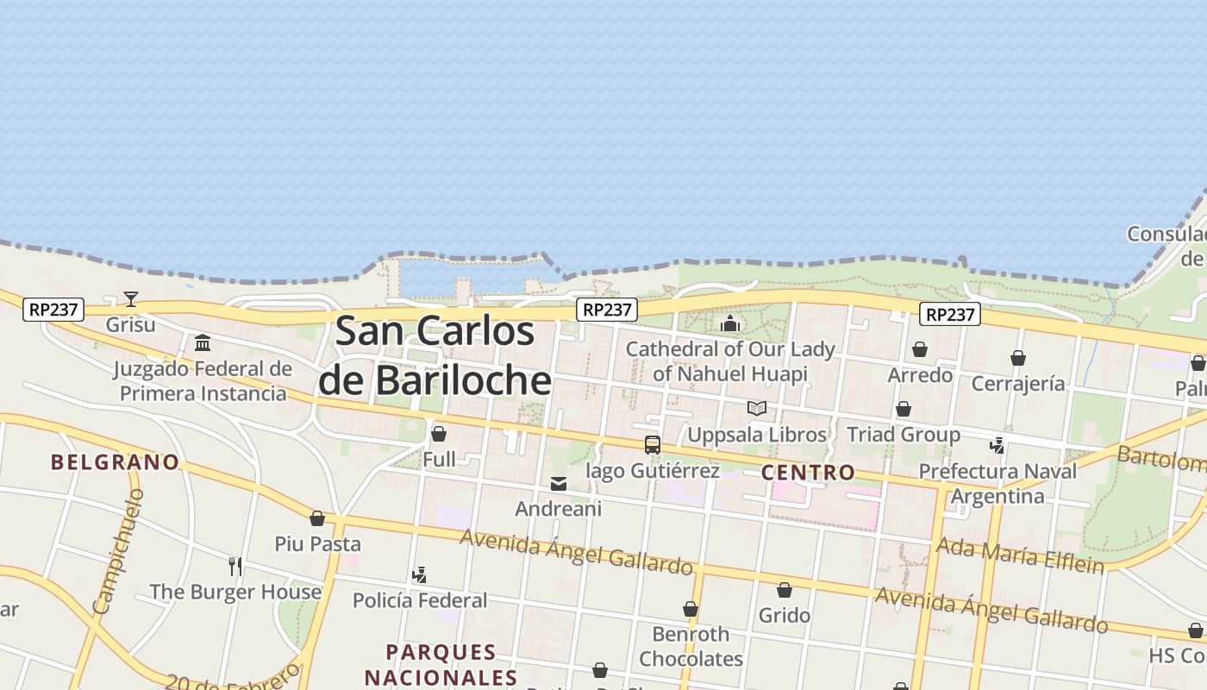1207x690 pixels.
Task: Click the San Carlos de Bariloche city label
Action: [435, 355]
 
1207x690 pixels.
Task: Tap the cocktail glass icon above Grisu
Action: [131, 299]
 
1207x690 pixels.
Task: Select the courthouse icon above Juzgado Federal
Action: [203, 343]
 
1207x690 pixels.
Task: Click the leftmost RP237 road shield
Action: [53, 309]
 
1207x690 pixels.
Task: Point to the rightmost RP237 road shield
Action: [949, 315]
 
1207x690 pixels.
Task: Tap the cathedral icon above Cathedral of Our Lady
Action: [730, 324]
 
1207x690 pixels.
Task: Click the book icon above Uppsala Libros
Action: [757, 409]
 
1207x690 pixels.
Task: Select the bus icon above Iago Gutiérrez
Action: [653, 445]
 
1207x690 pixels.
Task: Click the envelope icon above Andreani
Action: [559, 484]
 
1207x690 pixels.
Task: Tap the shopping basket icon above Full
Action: [439, 434]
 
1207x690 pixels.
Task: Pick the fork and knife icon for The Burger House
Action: [235, 567]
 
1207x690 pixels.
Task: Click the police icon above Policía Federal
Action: [420, 575]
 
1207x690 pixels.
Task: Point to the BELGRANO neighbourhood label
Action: [116, 462]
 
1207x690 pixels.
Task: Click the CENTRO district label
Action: [808, 473]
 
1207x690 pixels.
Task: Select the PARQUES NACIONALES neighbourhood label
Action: [441, 664]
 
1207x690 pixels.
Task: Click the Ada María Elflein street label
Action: [1019, 555]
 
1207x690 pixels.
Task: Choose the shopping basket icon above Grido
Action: [785, 591]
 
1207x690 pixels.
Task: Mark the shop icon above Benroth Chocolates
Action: [691, 610]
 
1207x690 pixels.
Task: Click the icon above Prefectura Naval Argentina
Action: [997, 446]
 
